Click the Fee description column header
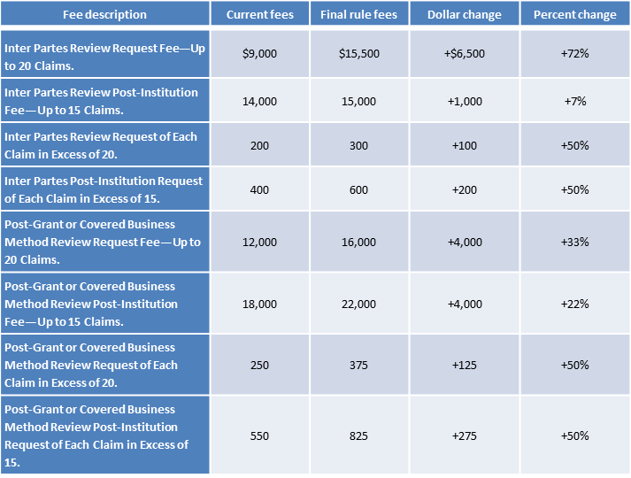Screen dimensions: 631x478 (x=104, y=14)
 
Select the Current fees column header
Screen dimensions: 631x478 (x=259, y=14)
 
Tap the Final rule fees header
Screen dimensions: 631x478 (x=358, y=14)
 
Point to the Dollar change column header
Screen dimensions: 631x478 (x=465, y=14)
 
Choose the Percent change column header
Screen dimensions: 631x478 (x=574, y=14)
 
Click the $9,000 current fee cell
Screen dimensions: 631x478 (x=259, y=53)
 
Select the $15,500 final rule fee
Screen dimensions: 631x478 (x=359, y=53)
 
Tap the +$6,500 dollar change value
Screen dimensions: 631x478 (x=465, y=53)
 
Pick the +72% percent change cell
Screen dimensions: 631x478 (x=574, y=53)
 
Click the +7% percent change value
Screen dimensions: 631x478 (x=575, y=101)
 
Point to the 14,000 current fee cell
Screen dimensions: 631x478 (x=259, y=102)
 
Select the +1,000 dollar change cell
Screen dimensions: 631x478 (x=465, y=102)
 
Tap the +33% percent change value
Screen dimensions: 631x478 (x=574, y=242)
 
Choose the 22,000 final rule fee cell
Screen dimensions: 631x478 (x=358, y=305)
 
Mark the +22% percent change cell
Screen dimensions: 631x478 (x=574, y=304)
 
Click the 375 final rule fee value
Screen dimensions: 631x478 (x=358, y=365)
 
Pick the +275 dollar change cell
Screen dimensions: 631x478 (x=465, y=436)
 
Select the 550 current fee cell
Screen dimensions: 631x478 (x=259, y=436)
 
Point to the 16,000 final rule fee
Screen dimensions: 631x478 (x=358, y=243)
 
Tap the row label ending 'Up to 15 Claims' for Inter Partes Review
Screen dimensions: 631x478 (x=102, y=102)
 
